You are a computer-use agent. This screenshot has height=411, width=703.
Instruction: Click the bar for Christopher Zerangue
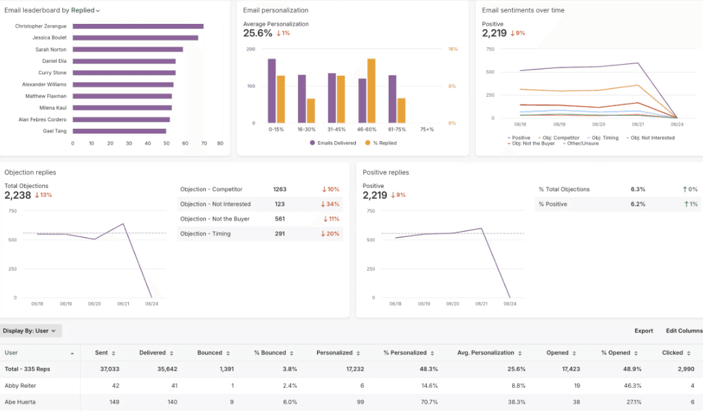(x=138, y=26)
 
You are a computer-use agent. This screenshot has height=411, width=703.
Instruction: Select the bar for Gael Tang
(x=119, y=131)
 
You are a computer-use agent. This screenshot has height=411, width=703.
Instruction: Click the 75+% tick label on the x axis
(x=427, y=129)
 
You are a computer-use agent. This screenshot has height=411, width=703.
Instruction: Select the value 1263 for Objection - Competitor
(x=280, y=189)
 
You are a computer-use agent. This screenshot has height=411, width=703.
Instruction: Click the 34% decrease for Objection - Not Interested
(x=331, y=204)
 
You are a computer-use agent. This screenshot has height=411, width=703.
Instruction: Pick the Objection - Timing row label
(x=205, y=234)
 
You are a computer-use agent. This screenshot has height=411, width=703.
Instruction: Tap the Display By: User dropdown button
(x=31, y=331)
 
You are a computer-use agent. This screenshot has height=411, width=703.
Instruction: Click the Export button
(x=643, y=331)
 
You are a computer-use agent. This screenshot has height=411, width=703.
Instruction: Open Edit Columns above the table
(x=684, y=331)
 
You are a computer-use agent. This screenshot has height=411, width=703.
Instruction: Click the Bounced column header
(x=210, y=353)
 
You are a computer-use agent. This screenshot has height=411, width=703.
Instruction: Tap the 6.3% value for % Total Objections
(x=638, y=189)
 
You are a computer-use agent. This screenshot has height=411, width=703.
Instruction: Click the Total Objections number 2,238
(x=18, y=195)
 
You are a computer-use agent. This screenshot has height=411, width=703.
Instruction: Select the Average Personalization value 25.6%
(x=258, y=33)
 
